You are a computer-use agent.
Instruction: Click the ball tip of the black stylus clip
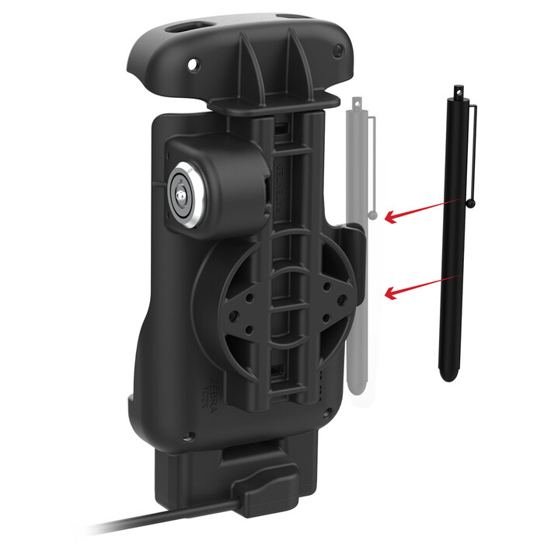click(472, 204)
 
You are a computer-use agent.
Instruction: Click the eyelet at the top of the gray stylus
click(357, 101)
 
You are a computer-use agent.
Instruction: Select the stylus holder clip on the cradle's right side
click(354, 241)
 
